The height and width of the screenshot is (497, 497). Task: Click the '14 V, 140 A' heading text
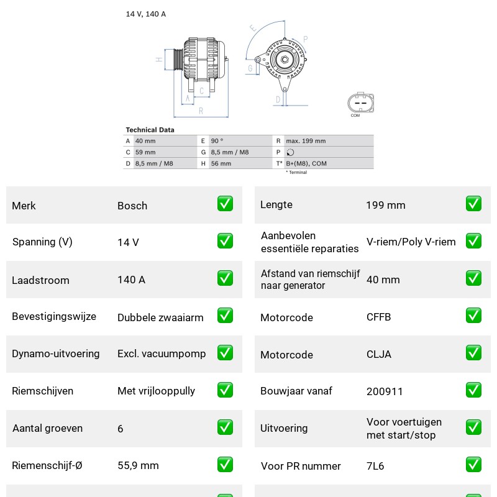click(146, 14)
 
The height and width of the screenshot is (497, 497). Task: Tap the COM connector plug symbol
click(360, 103)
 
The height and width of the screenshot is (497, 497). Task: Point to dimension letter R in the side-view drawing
click(201, 111)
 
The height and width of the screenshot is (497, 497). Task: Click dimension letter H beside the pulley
click(159, 59)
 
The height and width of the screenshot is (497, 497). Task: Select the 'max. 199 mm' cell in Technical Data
click(306, 141)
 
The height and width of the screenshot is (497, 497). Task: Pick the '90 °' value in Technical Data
click(217, 141)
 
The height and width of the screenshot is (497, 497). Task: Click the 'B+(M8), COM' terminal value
click(306, 163)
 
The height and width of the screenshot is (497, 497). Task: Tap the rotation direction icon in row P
click(290, 152)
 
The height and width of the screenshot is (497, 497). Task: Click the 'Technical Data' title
click(150, 130)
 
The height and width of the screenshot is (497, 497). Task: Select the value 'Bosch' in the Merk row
click(132, 206)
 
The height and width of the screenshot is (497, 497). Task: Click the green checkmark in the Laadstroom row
click(225, 278)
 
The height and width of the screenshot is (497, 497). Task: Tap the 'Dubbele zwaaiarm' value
click(160, 317)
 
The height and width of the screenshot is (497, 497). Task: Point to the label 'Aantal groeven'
click(48, 428)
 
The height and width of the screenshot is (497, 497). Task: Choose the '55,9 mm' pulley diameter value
click(138, 465)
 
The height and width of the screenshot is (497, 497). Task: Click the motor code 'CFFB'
click(378, 317)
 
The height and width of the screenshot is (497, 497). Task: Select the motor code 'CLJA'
click(379, 354)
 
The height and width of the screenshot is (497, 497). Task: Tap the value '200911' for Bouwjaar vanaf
click(385, 391)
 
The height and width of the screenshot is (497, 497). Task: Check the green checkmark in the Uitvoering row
click(473, 427)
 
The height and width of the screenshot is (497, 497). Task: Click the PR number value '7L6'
click(375, 466)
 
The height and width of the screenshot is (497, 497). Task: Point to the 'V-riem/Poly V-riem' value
click(411, 242)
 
